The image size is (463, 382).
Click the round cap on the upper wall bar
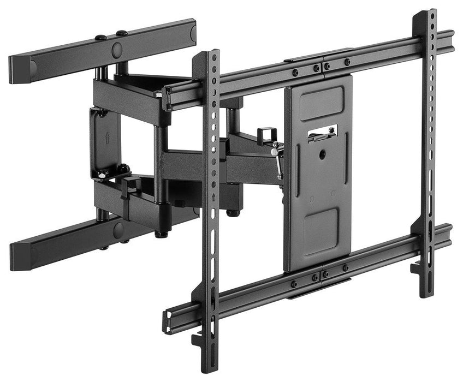(x=117, y=49)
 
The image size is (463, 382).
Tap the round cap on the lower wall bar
(x=118, y=230)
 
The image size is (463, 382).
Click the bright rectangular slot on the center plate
(x=323, y=133)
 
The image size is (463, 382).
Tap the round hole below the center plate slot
(x=322, y=155)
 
